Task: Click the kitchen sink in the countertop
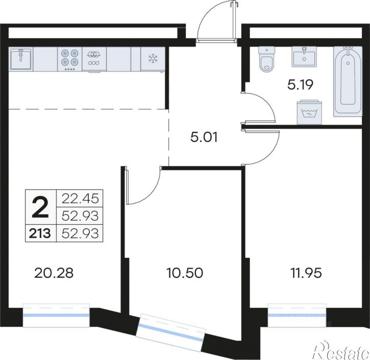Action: [21, 59]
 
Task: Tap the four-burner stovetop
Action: [69, 59]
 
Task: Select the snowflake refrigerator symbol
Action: [153, 59]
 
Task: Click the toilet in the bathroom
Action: [266, 59]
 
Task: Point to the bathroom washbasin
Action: [304, 56]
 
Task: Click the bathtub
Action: [348, 81]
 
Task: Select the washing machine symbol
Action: [309, 113]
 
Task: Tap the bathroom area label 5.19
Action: [300, 85]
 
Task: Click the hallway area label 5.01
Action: [204, 137]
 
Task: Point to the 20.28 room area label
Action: [54, 273]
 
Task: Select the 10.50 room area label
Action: [185, 273]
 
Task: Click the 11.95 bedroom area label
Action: [306, 273]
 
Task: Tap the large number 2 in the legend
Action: [40, 207]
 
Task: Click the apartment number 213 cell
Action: [40, 233]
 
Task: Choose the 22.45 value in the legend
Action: [80, 198]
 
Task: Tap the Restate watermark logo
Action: [340, 350]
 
